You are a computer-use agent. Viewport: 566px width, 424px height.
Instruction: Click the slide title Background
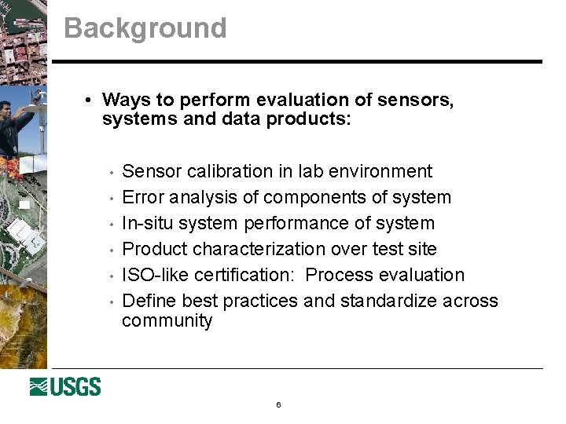pyautogui.click(x=145, y=28)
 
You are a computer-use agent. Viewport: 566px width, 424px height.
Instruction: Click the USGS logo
pyautogui.click(x=65, y=386)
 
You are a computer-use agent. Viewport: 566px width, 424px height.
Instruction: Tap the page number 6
pyautogui.click(x=278, y=405)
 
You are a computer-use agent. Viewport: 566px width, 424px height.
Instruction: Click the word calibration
pyautogui.click(x=218, y=171)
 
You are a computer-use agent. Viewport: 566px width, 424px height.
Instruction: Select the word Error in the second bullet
pyautogui.click(x=143, y=197)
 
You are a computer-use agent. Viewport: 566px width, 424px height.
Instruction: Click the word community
pyautogui.click(x=167, y=321)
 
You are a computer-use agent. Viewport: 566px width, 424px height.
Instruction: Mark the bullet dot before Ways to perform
pyautogui.click(x=90, y=101)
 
